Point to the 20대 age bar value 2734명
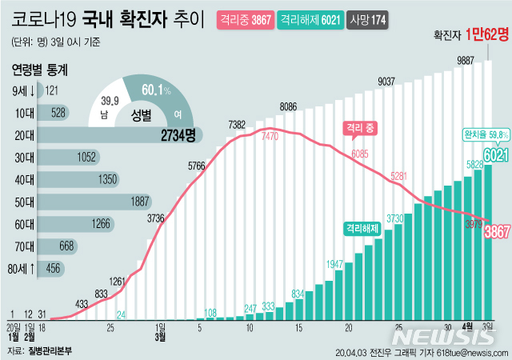click(x=178, y=136)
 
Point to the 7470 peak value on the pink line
click(x=270, y=138)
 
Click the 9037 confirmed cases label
click(x=387, y=81)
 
